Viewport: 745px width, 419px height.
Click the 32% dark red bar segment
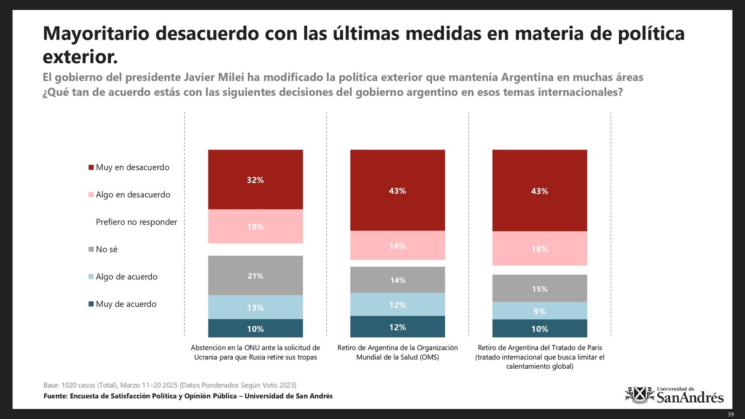(x=255, y=180)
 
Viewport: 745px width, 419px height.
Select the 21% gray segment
(x=255, y=276)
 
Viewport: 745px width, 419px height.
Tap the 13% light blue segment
(x=255, y=307)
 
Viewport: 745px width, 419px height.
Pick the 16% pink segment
(x=397, y=245)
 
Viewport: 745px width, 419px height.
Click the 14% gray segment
(x=397, y=280)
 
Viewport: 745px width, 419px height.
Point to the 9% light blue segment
(x=539, y=311)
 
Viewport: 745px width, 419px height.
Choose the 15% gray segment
(x=539, y=289)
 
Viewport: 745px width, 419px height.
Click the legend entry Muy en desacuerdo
(x=129, y=167)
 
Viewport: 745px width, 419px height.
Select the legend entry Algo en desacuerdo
(x=129, y=195)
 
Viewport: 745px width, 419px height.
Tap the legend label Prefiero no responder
(x=136, y=222)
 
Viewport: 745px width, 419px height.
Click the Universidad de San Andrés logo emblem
(x=639, y=395)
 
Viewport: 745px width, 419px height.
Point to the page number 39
(x=731, y=414)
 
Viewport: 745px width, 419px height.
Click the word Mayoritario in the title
(x=96, y=34)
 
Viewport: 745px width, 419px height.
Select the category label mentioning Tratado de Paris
(x=540, y=357)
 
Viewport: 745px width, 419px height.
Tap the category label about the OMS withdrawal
(x=397, y=352)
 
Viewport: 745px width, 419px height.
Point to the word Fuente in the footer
(x=55, y=396)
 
